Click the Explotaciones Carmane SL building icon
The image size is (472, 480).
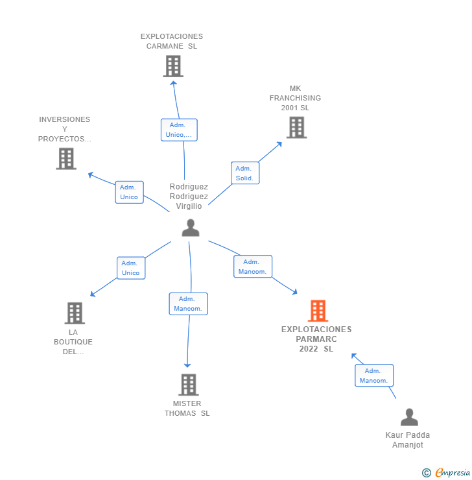point(173,66)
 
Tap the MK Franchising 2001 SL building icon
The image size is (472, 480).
point(296,127)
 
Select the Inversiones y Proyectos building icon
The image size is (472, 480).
point(66,158)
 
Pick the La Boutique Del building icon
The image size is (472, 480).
point(75,313)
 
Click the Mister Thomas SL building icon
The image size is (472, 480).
point(188,385)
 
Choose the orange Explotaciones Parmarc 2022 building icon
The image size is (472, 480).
point(317,311)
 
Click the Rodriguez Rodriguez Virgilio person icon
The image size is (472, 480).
point(190,228)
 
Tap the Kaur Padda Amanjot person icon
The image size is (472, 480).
point(409,417)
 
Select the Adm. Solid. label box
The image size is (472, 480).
point(244,173)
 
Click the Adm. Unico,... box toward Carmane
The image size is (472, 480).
point(179,130)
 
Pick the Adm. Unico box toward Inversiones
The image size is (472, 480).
point(129,192)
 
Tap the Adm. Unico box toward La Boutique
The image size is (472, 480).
point(130,268)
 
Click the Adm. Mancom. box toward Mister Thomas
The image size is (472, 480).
point(188,304)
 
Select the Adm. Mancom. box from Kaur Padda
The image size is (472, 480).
point(374,376)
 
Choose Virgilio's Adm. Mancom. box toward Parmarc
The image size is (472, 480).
point(252,267)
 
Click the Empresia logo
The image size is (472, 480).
point(452,473)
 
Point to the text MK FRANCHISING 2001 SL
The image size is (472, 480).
point(295,98)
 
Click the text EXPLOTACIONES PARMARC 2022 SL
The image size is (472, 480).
point(316,339)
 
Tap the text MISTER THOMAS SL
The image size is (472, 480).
point(187,408)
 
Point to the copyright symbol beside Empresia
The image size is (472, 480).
point(427,473)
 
